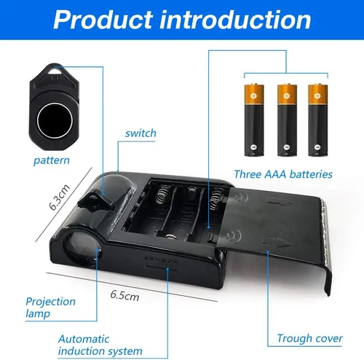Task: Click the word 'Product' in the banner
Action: [x=103, y=20]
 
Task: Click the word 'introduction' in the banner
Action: [x=235, y=20]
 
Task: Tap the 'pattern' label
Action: [x=52, y=160]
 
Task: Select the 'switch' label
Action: [x=141, y=133]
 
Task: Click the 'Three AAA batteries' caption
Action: [x=283, y=174]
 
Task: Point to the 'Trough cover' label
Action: [x=310, y=338]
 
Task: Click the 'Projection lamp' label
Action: [x=50, y=308]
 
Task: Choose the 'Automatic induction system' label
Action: [x=100, y=345]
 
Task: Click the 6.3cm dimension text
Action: [x=59, y=197]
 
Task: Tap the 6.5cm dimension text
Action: [x=125, y=296]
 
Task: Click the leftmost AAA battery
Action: [x=254, y=120]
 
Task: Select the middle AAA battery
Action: [x=287, y=120]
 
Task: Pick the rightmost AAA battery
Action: [x=318, y=120]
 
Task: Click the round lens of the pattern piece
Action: [x=55, y=121]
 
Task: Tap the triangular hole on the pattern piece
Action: [x=55, y=71]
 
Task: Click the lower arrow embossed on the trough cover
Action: [x=277, y=243]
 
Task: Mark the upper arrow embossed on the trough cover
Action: [x=280, y=202]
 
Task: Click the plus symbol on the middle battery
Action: [x=287, y=95]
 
